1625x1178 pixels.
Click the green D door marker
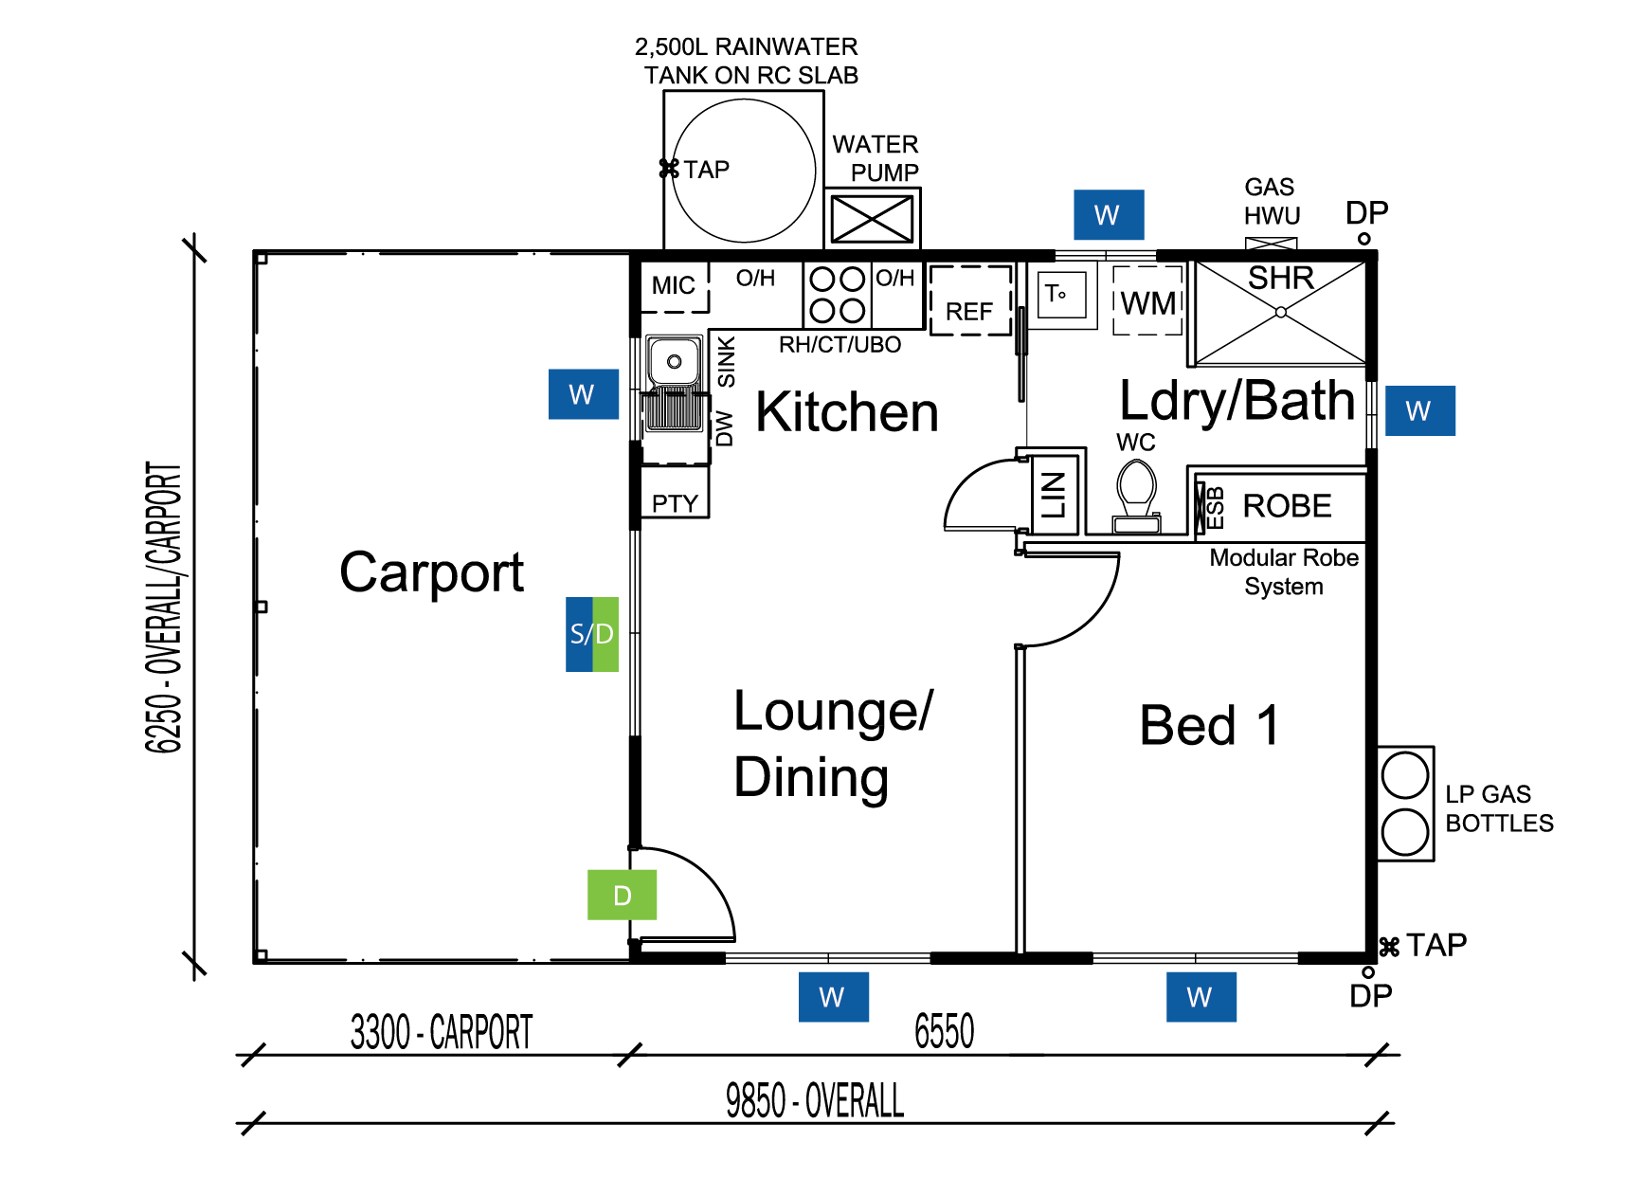(622, 895)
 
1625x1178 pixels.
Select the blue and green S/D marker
(592, 634)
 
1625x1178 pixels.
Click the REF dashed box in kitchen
(970, 301)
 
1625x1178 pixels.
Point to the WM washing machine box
(1147, 301)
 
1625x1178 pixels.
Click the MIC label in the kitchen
(674, 285)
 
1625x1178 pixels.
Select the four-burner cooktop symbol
(838, 295)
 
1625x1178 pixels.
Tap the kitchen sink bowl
(674, 361)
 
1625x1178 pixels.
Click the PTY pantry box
(675, 502)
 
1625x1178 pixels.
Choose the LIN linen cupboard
(1054, 494)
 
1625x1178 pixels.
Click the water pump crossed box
(872, 219)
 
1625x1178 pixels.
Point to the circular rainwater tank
(744, 171)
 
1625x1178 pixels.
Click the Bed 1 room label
(1209, 725)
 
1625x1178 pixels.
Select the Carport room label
(431, 572)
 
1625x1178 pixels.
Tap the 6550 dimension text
(944, 1031)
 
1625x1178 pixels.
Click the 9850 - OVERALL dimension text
(814, 1101)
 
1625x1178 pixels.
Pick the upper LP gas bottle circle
(1404, 775)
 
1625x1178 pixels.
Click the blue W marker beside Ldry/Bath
(1419, 410)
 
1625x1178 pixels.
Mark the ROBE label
(1286, 506)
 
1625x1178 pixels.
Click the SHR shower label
(1280, 279)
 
